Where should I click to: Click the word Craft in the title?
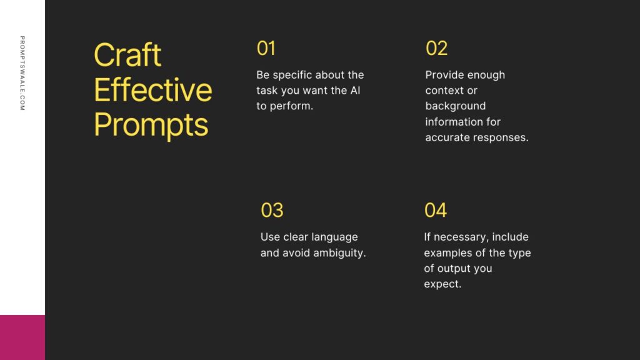pyautogui.click(x=127, y=54)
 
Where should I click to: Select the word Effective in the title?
pyautogui.click(x=153, y=89)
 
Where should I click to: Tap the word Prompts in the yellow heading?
pyautogui.click(x=151, y=125)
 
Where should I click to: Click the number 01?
pyautogui.click(x=266, y=48)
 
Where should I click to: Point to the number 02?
pyautogui.click(x=436, y=48)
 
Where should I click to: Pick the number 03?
pyautogui.click(x=272, y=210)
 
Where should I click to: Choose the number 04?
pyautogui.click(x=436, y=210)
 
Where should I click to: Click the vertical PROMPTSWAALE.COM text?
pyautogui.click(x=22, y=73)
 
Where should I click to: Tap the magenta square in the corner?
pyautogui.click(x=22, y=337)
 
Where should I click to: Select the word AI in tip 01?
pyautogui.click(x=355, y=90)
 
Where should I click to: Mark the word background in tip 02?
pyautogui.click(x=456, y=106)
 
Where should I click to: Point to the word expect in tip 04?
pyautogui.click(x=441, y=284)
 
